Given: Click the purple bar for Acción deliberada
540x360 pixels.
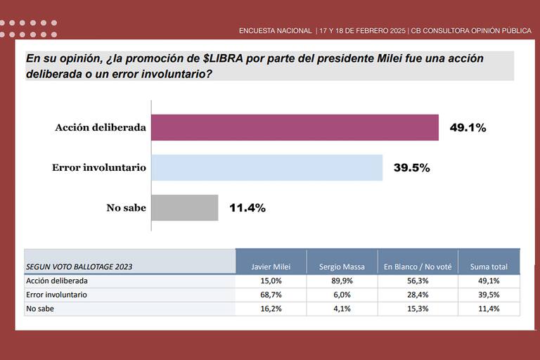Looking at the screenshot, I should click(x=295, y=128).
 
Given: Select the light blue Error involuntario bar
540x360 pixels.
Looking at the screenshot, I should click(x=267, y=168).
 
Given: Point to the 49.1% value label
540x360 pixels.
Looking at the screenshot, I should click(x=468, y=128).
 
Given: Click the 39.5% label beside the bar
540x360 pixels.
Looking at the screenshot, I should click(x=411, y=168).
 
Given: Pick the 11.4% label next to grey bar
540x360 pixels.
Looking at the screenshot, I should click(x=247, y=207).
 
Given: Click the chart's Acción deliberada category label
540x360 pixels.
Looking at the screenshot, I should click(x=101, y=128).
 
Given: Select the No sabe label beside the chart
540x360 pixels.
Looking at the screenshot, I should click(x=126, y=207).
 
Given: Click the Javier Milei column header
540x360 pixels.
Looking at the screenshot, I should click(x=271, y=266).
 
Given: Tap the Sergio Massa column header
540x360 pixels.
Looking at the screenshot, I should click(x=342, y=266).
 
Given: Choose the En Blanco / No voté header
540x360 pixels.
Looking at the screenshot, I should click(x=418, y=266).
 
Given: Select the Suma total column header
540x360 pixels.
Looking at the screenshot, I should click(x=489, y=266).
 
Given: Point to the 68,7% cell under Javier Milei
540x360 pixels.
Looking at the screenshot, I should click(x=271, y=295).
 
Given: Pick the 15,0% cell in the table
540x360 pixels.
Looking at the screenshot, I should click(x=271, y=281).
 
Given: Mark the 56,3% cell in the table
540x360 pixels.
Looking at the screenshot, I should click(x=418, y=281).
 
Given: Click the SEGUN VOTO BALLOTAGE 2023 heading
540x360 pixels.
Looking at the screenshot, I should click(x=79, y=266).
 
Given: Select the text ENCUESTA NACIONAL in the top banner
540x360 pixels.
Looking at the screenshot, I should click(x=275, y=31).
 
